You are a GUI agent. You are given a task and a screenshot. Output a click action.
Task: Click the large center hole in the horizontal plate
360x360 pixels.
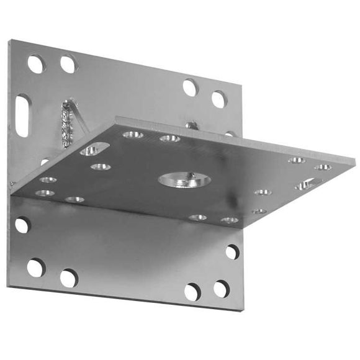(x=184, y=180)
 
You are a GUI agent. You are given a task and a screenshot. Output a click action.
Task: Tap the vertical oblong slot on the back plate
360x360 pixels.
(x=22, y=115)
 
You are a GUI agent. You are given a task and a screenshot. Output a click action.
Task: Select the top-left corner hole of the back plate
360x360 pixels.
(x=36, y=63)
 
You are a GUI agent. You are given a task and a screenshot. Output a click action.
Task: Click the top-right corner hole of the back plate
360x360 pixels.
(x=218, y=99)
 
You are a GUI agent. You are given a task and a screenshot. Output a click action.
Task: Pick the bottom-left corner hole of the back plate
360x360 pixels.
(x=36, y=268)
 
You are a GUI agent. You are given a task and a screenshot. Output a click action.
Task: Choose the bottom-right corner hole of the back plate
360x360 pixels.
(x=221, y=289)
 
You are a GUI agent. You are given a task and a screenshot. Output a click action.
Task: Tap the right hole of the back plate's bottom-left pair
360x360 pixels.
(x=68, y=277)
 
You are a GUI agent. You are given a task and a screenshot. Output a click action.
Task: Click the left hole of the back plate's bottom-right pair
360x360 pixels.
(x=192, y=291)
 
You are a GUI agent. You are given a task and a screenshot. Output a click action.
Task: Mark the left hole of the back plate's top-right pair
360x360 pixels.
(x=191, y=88)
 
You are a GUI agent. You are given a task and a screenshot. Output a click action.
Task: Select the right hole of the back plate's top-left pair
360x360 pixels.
(x=68, y=64)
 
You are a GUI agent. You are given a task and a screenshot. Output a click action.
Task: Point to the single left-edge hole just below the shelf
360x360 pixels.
(x=22, y=225)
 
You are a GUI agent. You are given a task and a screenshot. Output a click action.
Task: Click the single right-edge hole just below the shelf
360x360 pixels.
(x=232, y=251)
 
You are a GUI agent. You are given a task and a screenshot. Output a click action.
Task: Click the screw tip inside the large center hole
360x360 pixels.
(x=192, y=176)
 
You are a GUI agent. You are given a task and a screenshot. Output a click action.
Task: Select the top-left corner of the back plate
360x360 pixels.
(x=9, y=41)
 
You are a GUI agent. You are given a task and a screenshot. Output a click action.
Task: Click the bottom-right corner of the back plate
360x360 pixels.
(x=242, y=308)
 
